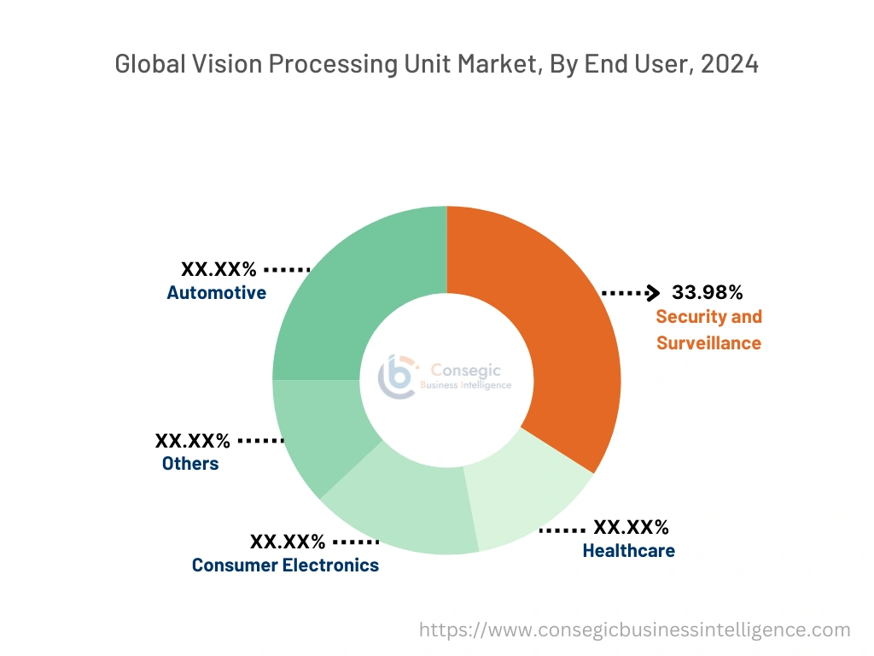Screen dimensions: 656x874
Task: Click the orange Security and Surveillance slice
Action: point(563,342)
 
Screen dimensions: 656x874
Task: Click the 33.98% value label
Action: point(707,292)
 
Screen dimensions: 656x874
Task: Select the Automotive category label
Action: point(216,293)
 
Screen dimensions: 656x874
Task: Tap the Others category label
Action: point(190,464)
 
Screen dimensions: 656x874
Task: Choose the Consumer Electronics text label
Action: point(285,565)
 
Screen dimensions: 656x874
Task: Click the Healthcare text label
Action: point(628,551)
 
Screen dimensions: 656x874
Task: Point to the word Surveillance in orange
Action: point(708,343)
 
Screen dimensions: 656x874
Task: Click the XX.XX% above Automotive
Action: point(218,269)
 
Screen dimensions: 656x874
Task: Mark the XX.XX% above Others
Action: point(193,441)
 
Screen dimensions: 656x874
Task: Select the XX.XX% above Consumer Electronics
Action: point(288,542)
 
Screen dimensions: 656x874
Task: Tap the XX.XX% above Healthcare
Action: point(631,527)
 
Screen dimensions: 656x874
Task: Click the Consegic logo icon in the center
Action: point(398,376)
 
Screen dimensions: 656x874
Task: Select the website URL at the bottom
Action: point(635,630)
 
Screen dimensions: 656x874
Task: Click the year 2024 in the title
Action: point(729,63)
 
